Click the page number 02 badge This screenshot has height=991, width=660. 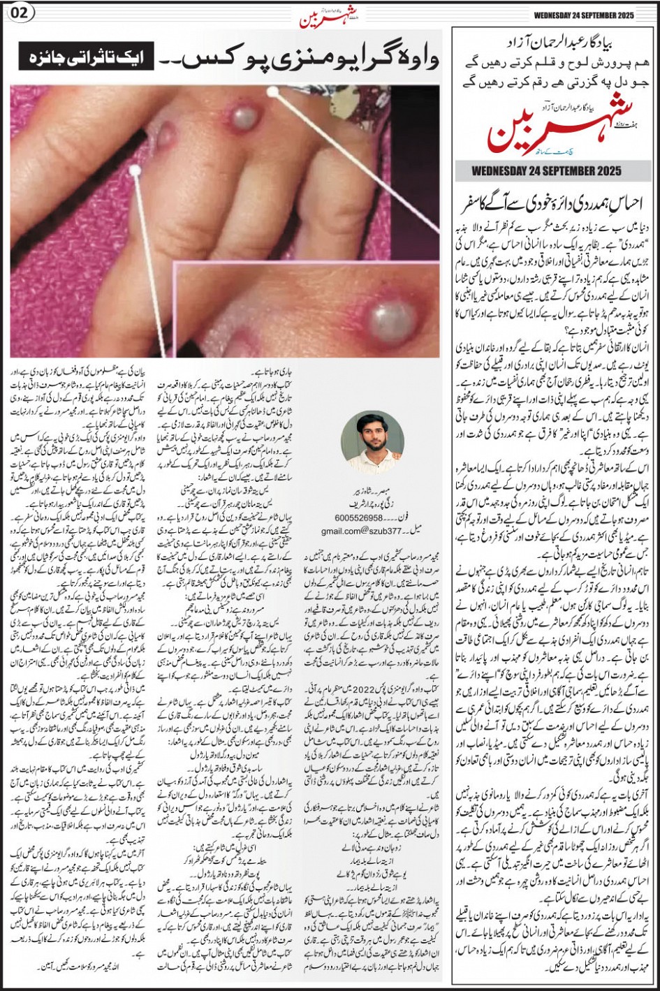click(x=18, y=15)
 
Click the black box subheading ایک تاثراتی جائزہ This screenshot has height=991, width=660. click(x=83, y=59)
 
